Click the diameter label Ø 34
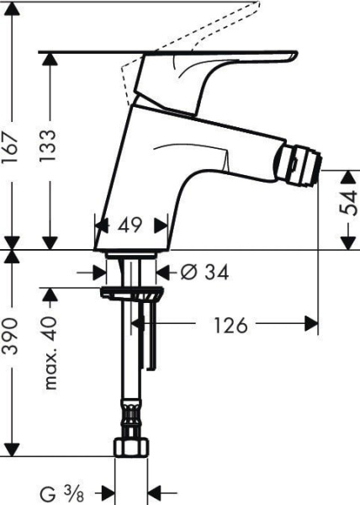(204, 272)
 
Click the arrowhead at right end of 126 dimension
(314, 324)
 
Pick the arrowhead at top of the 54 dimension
(347, 175)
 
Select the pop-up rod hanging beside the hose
(151, 337)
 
